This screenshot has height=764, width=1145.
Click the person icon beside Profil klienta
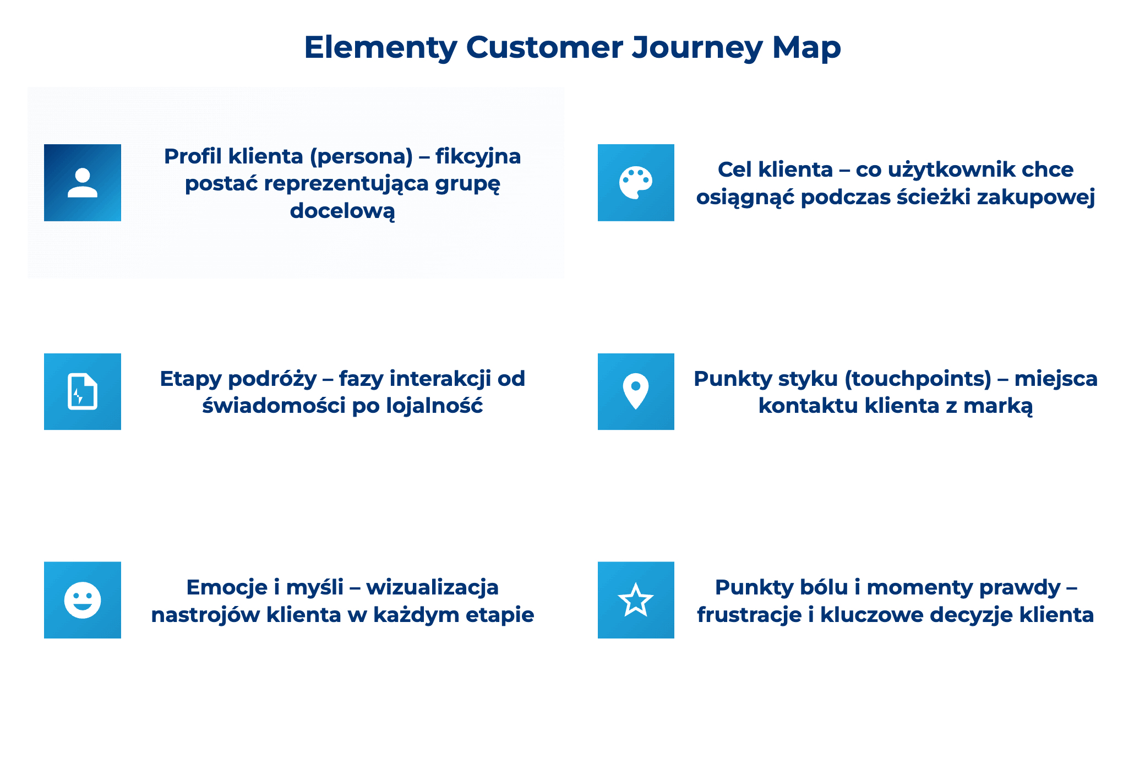(83, 183)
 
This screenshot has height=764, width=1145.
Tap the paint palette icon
(636, 183)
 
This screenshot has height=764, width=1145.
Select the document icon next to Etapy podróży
(83, 391)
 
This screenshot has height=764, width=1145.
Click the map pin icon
(636, 391)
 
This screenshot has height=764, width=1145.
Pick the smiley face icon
(83, 600)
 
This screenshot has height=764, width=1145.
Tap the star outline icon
(636, 600)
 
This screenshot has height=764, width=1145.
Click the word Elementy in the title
(380, 48)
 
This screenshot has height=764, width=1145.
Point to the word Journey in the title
(697, 48)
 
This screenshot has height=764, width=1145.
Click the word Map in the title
(806, 48)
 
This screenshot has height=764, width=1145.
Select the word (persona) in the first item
(361, 157)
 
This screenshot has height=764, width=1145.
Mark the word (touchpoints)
(918, 379)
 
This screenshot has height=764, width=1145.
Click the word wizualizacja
(432, 587)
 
